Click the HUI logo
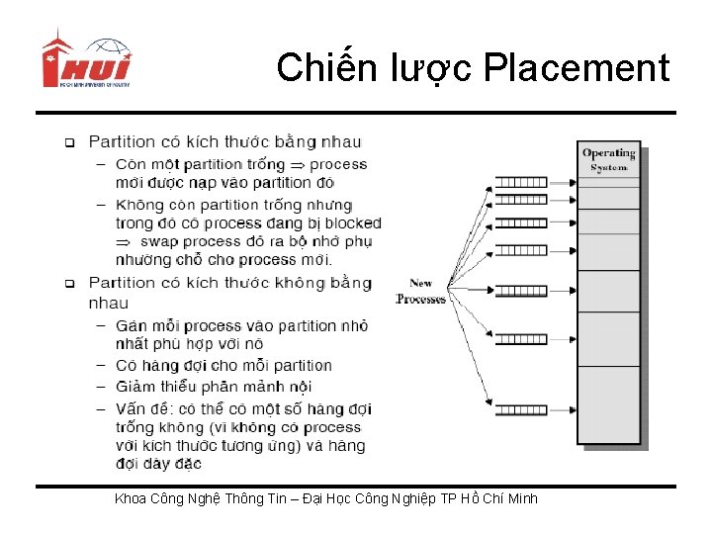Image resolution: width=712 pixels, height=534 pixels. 85,62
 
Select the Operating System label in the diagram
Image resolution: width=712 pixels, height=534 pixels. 608,159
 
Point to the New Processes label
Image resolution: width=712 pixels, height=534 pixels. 420,291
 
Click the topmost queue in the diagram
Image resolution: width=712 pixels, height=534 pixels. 520,182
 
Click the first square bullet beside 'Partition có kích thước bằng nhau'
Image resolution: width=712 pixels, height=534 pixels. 70,143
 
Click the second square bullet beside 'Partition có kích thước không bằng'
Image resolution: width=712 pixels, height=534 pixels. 70,284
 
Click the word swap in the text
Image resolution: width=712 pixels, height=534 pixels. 159,241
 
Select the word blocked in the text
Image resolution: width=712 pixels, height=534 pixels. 353,223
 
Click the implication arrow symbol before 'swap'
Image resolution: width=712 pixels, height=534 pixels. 123,241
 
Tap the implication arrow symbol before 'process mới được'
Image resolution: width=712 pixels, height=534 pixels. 297,164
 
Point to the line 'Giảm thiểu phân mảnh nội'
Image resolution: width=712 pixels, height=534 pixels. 214,387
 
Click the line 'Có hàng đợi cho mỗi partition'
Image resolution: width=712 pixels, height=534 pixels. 223,366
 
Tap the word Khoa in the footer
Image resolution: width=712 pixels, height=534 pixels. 131,498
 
